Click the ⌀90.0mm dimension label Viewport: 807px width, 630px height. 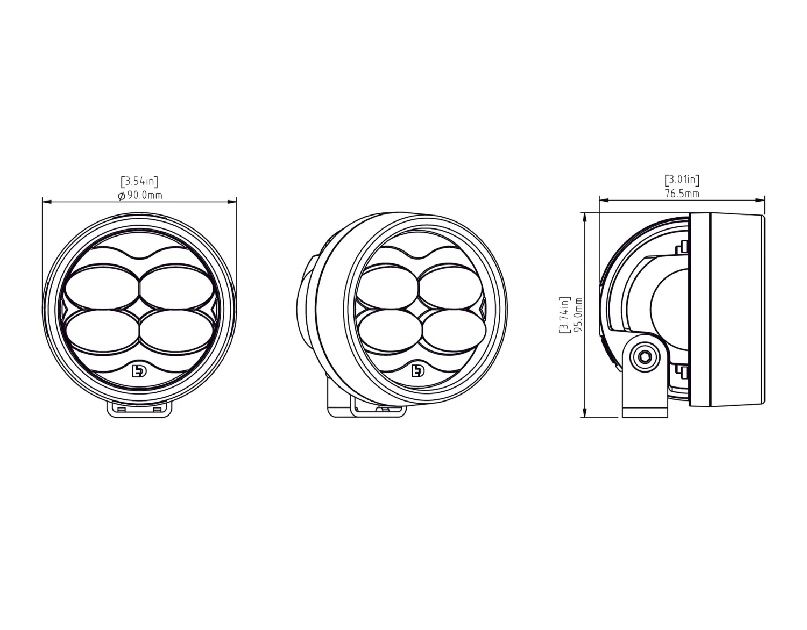click(140, 195)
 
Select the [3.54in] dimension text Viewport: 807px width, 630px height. click(139, 181)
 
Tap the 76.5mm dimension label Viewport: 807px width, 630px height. click(682, 194)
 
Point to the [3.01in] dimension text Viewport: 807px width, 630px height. click(682, 180)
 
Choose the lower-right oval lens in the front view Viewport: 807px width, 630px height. click(175, 332)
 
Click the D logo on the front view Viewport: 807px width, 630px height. click(139, 371)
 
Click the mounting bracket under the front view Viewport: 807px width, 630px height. click(140, 409)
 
